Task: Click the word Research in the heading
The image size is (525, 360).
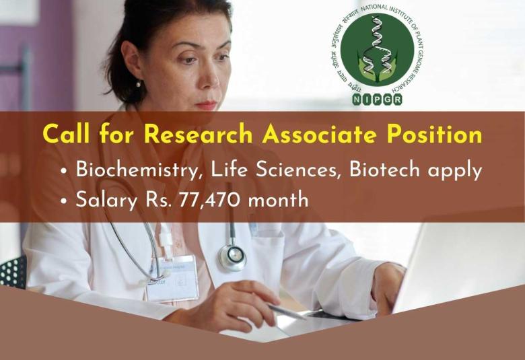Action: click(199, 135)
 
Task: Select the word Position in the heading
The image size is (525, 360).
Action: click(436, 135)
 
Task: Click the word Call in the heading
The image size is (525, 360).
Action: click(67, 135)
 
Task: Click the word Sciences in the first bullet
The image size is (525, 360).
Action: click(302, 170)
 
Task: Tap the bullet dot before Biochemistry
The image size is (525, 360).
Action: click(63, 172)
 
